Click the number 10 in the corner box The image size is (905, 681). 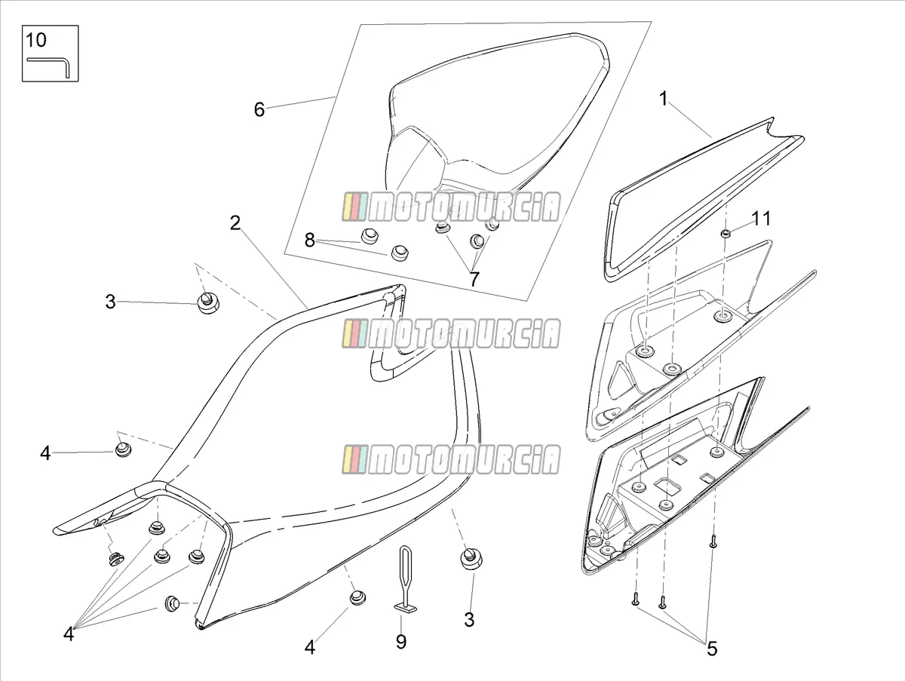point(36,41)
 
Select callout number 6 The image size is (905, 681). point(259,109)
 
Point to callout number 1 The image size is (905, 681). point(664,99)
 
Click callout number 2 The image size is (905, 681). point(235,223)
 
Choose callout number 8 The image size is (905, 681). point(309,240)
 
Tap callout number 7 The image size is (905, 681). point(474,280)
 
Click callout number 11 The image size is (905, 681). point(761,219)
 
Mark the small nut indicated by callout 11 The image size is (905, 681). point(726,234)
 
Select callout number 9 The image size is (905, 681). point(400,642)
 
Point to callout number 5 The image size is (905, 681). point(712,649)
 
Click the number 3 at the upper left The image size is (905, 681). point(110,302)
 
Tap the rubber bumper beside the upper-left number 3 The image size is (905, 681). point(208,302)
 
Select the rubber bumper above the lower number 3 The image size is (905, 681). point(471,559)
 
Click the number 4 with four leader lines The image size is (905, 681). point(69,633)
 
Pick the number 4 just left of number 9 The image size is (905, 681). point(310,647)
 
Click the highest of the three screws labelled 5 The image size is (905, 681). point(713,541)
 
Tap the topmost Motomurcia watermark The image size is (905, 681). point(451,207)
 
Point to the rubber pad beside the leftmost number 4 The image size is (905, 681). point(122,449)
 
